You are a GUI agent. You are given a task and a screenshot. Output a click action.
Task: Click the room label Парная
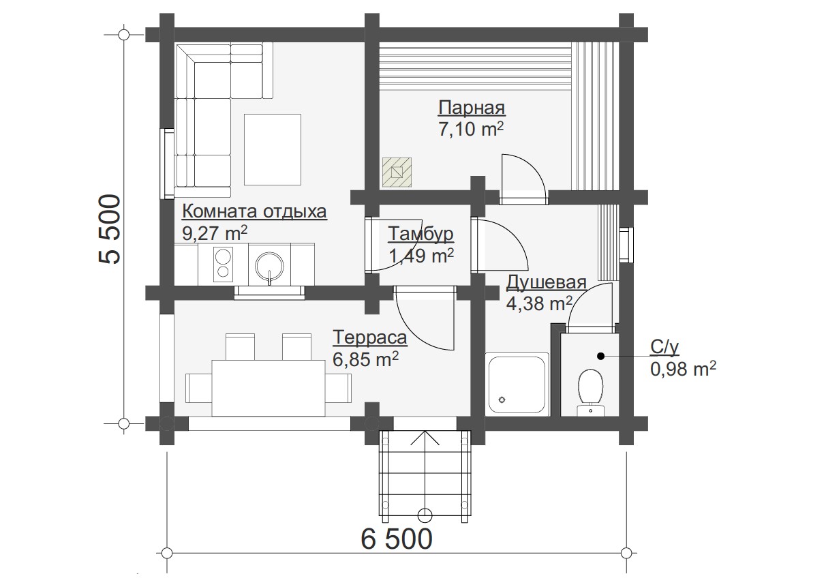(x=472, y=108)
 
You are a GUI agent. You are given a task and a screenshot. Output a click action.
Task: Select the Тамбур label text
(x=420, y=234)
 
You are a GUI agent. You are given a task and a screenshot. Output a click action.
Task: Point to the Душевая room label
(x=546, y=282)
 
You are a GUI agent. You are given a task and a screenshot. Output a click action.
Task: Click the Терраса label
(x=370, y=337)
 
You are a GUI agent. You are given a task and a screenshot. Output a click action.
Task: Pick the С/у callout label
(x=664, y=347)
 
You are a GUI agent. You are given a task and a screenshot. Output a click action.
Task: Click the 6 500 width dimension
(x=397, y=539)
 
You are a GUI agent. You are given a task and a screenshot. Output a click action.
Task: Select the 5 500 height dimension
(x=110, y=230)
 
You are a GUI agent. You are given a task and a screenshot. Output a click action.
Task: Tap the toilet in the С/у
(x=590, y=392)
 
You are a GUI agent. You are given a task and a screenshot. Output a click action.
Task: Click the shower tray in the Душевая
(x=517, y=384)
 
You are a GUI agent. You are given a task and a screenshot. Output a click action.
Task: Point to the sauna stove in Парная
(x=397, y=172)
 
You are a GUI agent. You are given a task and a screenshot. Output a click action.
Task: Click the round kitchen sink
(x=270, y=267)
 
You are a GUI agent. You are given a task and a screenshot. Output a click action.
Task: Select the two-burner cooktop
(x=223, y=263)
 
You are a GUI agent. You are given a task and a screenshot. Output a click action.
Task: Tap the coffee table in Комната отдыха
(x=272, y=149)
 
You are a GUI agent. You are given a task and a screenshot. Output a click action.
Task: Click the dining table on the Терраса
(x=268, y=388)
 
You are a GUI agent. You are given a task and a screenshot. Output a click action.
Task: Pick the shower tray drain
(x=502, y=400)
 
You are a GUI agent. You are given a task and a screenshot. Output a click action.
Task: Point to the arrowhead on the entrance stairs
(x=425, y=437)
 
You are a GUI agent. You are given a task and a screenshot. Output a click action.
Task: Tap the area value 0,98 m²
(x=683, y=369)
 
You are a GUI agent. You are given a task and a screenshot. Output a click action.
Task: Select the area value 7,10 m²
(x=471, y=130)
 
